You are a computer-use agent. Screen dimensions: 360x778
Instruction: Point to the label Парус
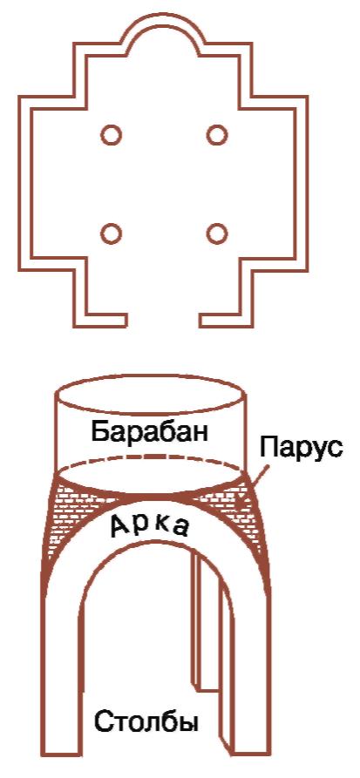[301, 450]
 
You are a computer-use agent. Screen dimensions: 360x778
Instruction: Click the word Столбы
[146, 720]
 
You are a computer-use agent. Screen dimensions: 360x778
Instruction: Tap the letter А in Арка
[120, 525]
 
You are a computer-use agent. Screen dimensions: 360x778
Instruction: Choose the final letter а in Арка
[180, 530]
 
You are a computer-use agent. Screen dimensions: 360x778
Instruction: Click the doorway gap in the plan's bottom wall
[161, 321]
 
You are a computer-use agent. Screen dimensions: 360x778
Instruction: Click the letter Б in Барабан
[99, 432]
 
